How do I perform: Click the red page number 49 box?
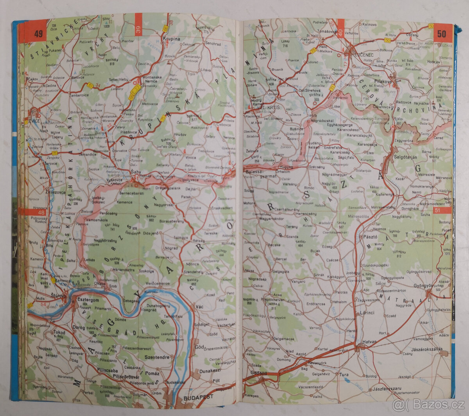pyautogui.click(x=38, y=34)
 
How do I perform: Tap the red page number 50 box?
pyautogui.click(x=441, y=34)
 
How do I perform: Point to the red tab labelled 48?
pyautogui.click(x=41, y=212)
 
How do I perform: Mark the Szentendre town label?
pyautogui.click(x=157, y=357)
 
